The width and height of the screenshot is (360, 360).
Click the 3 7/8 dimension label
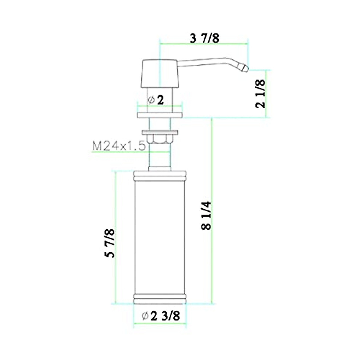(x=205, y=38)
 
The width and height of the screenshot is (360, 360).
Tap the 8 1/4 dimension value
(x=207, y=215)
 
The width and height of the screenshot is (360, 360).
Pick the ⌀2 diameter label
(x=156, y=100)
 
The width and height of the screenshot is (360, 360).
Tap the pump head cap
(x=160, y=74)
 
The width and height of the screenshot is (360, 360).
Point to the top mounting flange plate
(x=160, y=115)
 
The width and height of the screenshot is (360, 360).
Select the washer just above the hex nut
(x=160, y=132)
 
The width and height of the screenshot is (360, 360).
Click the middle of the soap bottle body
(x=160, y=237)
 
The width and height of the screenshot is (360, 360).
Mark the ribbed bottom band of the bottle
(x=160, y=298)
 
